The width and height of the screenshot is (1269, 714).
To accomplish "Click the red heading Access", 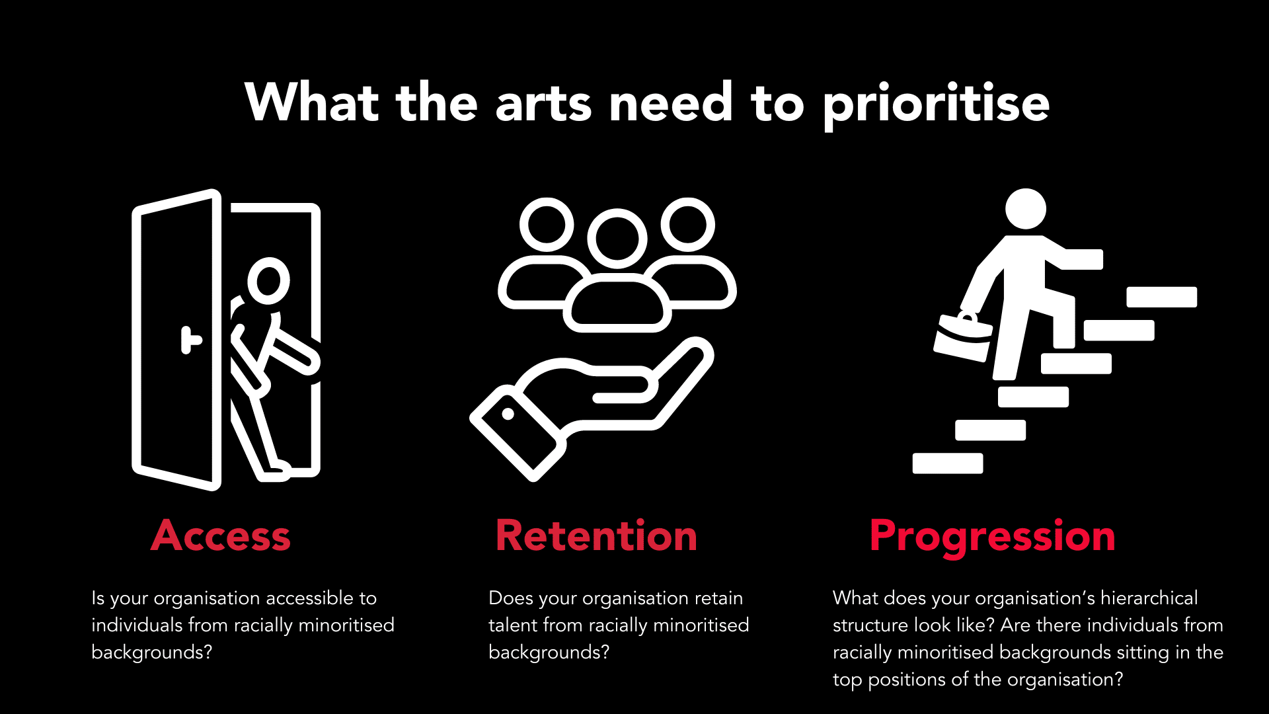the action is click(x=221, y=535).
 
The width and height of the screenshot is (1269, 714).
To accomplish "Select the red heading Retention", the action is click(x=596, y=535).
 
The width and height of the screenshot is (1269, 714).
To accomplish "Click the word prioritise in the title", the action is click(x=936, y=104).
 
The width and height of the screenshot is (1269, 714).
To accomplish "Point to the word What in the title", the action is click(x=312, y=102).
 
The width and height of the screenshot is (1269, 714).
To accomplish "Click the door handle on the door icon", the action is click(x=190, y=340).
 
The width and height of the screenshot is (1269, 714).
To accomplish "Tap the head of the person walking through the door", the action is click(x=268, y=280).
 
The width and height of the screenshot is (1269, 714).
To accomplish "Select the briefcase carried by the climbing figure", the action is click(x=963, y=337).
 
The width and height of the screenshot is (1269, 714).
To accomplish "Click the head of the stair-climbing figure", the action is click(x=1025, y=209).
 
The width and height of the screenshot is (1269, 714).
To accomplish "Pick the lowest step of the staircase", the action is click(x=947, y=463).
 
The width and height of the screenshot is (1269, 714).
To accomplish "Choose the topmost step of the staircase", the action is click(x=1161, y=297).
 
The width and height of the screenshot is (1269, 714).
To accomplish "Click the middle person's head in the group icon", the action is click(x=617, y=239).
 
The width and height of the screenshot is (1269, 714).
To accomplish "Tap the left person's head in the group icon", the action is click(x=547, y=225).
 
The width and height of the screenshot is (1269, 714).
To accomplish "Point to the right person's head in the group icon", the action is click(x=687, y=225).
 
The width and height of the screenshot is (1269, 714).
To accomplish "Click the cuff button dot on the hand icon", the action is click(x=508, y=414).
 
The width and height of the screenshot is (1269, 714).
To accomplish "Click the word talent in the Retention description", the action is click(x=512, y=625).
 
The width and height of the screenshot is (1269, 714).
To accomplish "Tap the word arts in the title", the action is click(x=543, y=104).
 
